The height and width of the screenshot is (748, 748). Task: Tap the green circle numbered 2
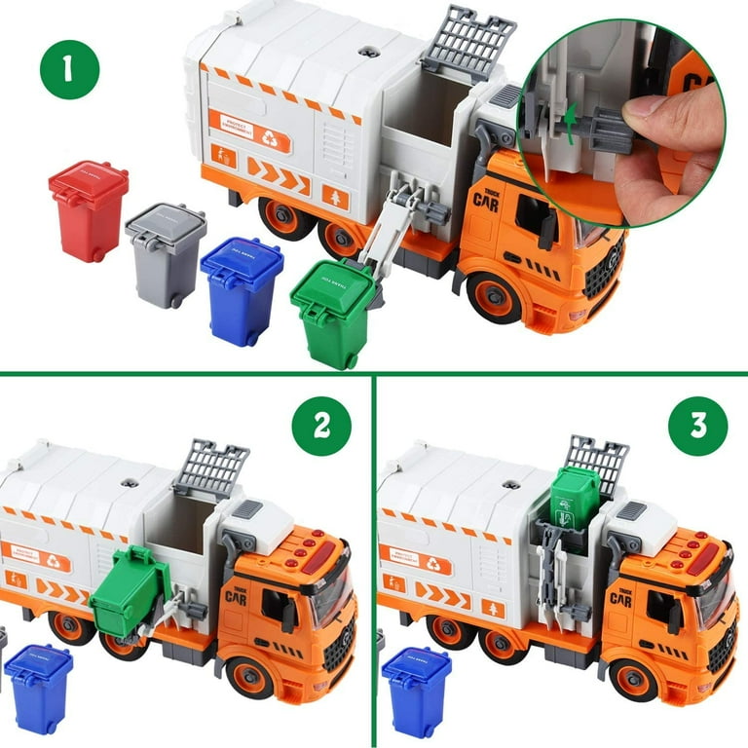(322, 427)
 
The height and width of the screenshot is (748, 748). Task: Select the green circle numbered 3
(698, 427)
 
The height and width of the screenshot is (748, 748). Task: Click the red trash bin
(89, 209)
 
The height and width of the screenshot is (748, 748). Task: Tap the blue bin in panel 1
(242, 289)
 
